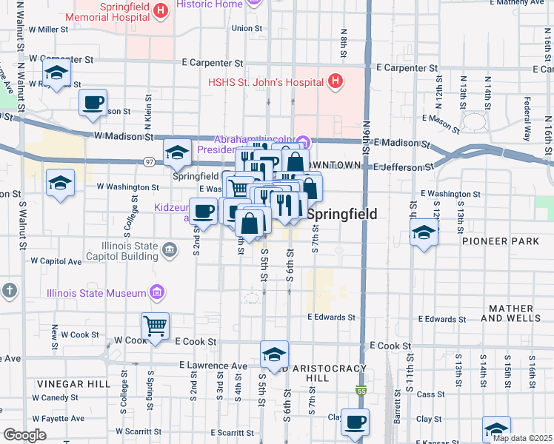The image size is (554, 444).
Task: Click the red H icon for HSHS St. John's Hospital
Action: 336,81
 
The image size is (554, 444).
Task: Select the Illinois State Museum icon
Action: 157,294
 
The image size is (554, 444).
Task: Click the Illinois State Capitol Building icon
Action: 170,250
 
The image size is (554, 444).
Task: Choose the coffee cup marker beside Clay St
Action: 355,423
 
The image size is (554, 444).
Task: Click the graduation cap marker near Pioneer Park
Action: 423,234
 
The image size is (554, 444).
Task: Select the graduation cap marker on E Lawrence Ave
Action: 273,353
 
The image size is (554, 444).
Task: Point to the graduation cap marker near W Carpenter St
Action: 56,74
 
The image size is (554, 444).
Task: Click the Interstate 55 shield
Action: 361,391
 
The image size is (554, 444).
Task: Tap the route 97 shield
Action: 150,161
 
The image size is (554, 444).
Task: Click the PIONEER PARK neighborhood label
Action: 495,241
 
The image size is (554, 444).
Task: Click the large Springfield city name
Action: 341,214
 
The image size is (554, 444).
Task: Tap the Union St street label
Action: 247,28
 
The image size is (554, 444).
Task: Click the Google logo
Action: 24,435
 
